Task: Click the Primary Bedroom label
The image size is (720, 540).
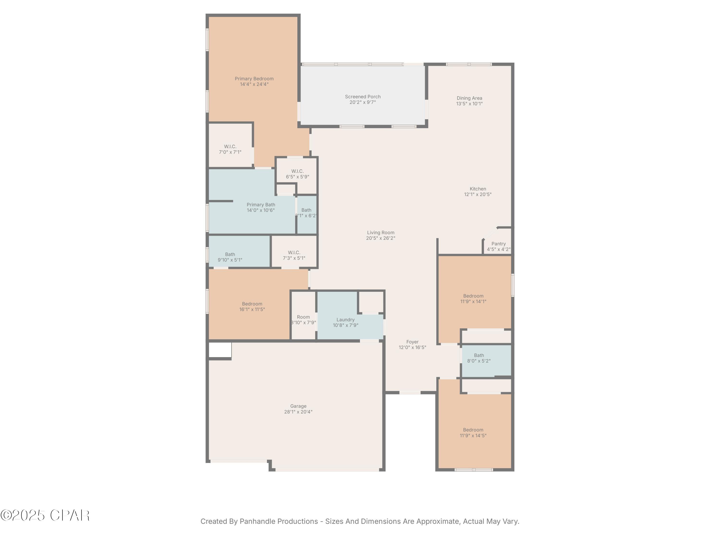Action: pos(254,79)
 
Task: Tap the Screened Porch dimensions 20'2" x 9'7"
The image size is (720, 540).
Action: pos(363,102)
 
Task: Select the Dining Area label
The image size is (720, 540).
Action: pos(469,98)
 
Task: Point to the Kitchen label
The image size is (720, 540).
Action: pos(478,189)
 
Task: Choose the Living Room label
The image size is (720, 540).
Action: pos(380,232)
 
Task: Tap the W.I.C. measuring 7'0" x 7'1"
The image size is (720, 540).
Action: pos(230,149)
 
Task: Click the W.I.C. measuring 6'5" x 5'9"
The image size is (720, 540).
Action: pos(297,174)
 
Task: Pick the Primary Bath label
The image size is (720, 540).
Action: pos(261,204)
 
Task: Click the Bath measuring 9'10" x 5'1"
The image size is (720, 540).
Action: pos(230,257)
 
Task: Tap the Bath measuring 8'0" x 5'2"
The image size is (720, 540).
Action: pos(479,358)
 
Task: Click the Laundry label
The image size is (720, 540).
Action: pos(345,320)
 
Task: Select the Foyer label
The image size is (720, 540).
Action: pos(412,342)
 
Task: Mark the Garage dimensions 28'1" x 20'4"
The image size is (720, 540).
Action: pos(298,412)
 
